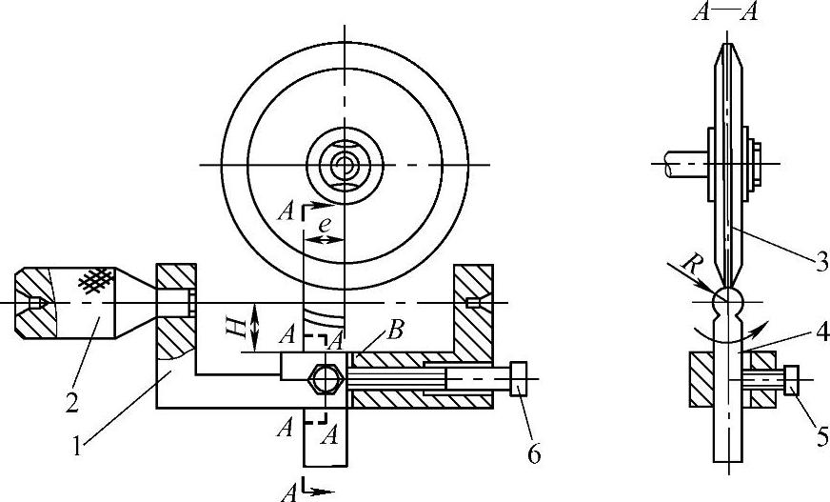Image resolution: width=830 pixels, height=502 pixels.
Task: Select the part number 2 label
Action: point(72,402)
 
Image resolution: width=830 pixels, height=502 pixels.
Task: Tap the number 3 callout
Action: point(820,262)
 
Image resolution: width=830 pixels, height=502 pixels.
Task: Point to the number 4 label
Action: point(821,332)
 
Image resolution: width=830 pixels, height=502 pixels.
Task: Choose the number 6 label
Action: point(534,453)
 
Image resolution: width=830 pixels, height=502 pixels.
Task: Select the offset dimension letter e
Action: point(325,225)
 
